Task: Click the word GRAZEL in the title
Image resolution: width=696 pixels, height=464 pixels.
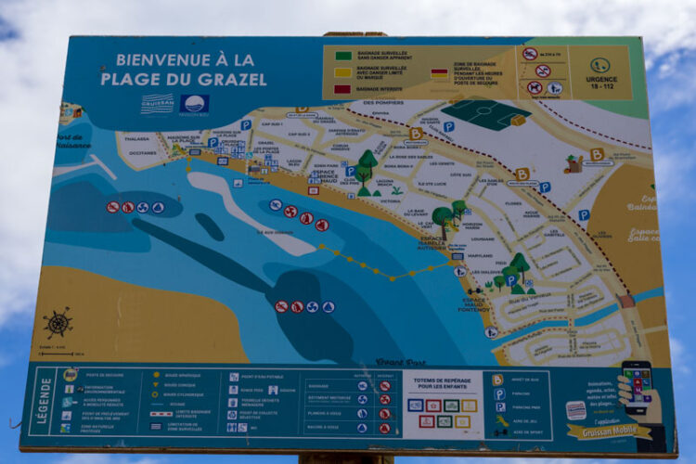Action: pos(232,79)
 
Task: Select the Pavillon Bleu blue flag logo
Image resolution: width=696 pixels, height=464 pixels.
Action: pos(194,103)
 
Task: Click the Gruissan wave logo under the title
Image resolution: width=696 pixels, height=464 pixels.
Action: pos(157,103)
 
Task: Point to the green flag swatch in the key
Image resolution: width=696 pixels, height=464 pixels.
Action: pos(342,56)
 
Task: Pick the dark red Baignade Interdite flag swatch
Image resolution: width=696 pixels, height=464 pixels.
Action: pos(342,89)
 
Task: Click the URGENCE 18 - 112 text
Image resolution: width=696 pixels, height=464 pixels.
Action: pos(600,84)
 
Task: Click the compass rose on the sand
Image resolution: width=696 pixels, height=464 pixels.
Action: pos(58,323)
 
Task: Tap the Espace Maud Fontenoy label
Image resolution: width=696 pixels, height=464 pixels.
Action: pos(475,303)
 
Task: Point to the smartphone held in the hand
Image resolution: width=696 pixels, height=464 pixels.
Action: pos(637,384)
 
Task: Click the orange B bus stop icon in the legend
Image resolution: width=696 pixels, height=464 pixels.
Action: pos(498,380)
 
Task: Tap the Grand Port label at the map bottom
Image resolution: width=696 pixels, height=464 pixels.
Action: pos(401,362)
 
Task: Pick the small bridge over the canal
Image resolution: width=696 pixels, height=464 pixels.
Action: pos(627,302)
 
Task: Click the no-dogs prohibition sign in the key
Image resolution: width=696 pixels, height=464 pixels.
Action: pos(535,88)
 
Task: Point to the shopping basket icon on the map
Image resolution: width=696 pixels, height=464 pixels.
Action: pos(573,165)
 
